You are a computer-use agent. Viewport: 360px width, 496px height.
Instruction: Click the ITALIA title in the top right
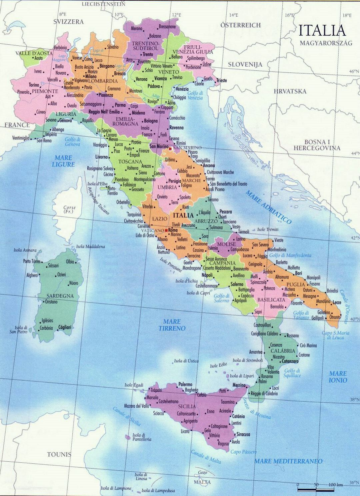coord(322,30)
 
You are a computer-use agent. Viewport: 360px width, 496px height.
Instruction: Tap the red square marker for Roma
coord(166,230)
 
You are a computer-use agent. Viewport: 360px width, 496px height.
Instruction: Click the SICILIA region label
coord(187,406)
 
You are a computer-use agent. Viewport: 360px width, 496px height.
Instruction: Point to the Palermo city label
coord(186,384)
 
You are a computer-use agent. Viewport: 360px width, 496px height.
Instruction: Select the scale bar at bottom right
coord(317,489)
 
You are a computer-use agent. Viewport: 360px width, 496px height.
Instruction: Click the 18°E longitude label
coord(347,15)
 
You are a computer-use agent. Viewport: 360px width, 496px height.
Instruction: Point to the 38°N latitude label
coord(354,399)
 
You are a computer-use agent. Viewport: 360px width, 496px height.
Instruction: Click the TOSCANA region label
coord(128,162)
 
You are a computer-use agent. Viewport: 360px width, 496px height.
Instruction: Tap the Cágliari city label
coord(65,328)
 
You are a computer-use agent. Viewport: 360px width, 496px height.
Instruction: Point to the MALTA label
coord(203,482)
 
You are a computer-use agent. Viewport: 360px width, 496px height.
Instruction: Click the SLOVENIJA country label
coord(245,64)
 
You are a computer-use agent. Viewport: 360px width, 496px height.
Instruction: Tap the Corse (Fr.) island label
coord(70,209)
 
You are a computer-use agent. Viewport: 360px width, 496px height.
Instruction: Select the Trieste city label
coord(221,80)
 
